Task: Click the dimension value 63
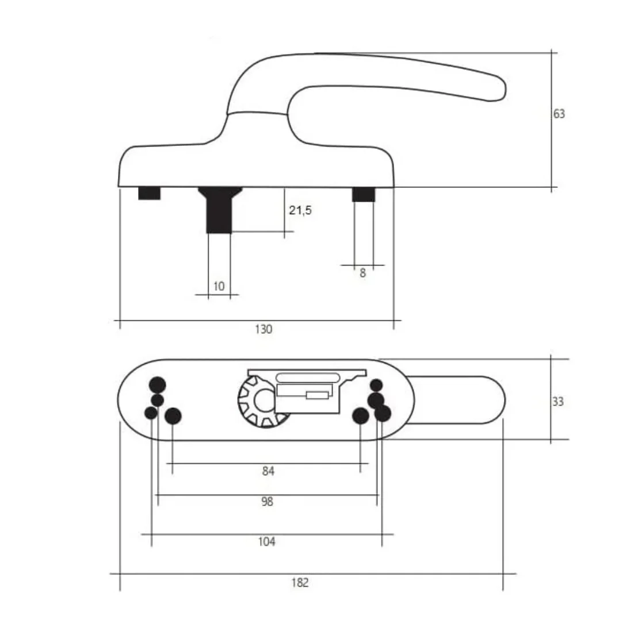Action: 559,114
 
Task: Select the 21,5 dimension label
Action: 300,210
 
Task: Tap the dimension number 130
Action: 263,329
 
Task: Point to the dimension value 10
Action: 219,286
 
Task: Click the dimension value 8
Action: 362,273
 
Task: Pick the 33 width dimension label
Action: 557,402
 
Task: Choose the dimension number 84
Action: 268,471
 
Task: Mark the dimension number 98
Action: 267,502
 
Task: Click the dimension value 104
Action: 266,541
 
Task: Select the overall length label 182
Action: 300,583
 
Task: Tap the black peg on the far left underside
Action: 150,194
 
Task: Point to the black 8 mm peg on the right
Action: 363,195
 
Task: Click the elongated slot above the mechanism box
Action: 307,377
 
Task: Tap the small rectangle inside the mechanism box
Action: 318,395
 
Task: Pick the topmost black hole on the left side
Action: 158,384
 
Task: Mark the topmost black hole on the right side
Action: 376,385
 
